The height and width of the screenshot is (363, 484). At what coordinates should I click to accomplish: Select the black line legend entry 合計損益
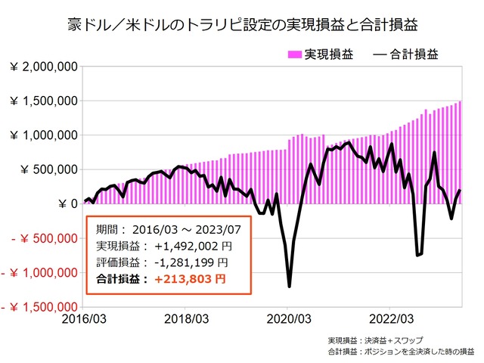pyautogui.click(x=405, y=54)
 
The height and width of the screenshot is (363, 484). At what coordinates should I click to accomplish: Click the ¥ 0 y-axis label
pyautogui.click(x=65, y=204)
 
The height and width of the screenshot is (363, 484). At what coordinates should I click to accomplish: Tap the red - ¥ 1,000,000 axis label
pyautogui.click(x=38, y=273)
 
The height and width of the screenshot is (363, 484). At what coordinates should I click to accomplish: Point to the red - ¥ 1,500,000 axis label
pyautogui.click(x=38, y=308)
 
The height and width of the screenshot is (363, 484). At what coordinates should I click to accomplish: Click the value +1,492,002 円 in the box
pyautogui.click(x=188, y=247)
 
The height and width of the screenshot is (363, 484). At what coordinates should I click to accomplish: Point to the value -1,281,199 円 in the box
pyautogui.click(x=188, y=262)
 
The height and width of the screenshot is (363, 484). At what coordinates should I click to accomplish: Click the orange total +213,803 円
pyautogui.click(x=190, y=278)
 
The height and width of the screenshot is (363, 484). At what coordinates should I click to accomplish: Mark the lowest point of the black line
pyautogui.click(x=290, y=287)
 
